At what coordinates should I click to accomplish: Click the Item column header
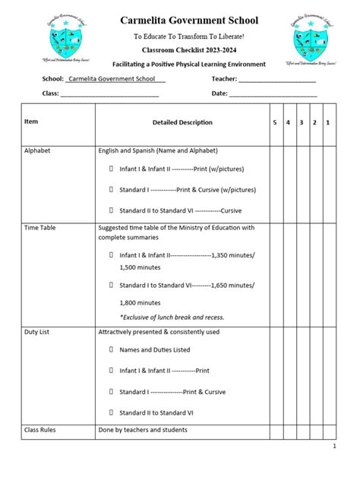[x=31, y=121]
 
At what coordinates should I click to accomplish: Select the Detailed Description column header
[x=182, y=122]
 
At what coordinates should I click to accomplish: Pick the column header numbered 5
[x=275, y=122]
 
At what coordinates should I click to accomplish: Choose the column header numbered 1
[x=327, y=122]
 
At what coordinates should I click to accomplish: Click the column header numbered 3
[x=302, y=122]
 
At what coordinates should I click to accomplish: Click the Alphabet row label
[x=37, y=150]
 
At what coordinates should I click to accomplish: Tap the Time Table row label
[x=39, y=227]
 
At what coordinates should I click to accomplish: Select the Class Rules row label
[x=39, y=430]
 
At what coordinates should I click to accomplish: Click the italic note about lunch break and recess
[x=172, y=317]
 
